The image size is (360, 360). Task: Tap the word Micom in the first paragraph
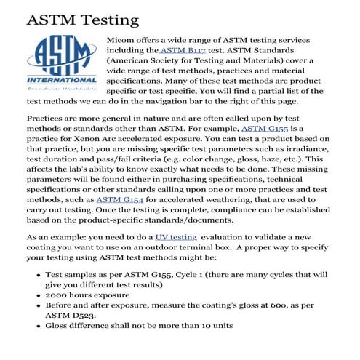pos(121,38)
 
